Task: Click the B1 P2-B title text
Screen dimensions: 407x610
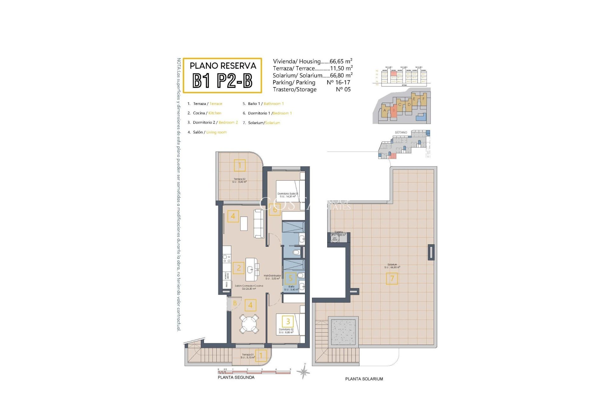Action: click(222, 81)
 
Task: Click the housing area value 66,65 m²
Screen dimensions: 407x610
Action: click(341, 61)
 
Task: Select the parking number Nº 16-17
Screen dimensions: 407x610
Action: click(338, 82)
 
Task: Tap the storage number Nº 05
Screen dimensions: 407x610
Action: click(343, 90)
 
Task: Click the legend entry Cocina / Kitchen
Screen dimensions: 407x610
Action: click(207, 113)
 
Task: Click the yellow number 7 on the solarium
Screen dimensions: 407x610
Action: click(392, 279)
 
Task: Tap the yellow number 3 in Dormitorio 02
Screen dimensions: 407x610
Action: click(288, 321)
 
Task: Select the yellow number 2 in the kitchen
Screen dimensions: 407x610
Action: click(239, 268)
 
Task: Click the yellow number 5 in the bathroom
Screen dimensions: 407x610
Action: click(290, 279)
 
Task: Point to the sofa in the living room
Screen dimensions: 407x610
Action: click(259, 224)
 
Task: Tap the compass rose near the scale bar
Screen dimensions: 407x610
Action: click(304, 371)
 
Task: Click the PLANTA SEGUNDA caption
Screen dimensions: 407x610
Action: click(236, 377)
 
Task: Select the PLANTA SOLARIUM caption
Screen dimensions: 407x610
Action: click(364, 379)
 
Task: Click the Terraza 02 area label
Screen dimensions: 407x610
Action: click(240, 180)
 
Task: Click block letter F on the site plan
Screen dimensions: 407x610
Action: click(423, 99)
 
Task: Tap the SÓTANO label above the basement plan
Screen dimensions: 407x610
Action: click(401, 132)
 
